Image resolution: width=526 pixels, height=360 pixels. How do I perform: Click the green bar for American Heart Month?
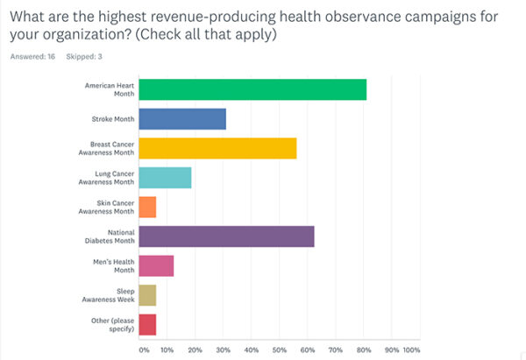click(252, 89)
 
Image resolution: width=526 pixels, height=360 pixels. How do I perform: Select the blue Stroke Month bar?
click(182, 119)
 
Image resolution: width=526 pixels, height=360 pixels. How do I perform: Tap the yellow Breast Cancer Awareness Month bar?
click(217, 148)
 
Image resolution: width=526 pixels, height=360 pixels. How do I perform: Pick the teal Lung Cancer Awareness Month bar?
click(165, 178)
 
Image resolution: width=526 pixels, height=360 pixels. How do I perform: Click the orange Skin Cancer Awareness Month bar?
click(147, 207)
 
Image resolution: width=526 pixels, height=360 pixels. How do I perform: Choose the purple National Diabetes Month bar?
click(226, 236)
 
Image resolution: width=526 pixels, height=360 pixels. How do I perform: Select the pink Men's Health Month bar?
click(156, 265)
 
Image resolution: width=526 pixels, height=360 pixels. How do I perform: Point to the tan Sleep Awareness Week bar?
click(147, 295)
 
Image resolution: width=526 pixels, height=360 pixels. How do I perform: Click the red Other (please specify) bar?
click(147, 324)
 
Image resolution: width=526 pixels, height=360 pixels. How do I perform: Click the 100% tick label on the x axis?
click(411, 350)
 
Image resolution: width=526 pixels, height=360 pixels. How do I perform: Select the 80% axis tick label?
click(363, 350)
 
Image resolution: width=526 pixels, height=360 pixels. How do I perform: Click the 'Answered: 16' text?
click(32, 57)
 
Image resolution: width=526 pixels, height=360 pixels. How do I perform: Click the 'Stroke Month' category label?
click(111, 119)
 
